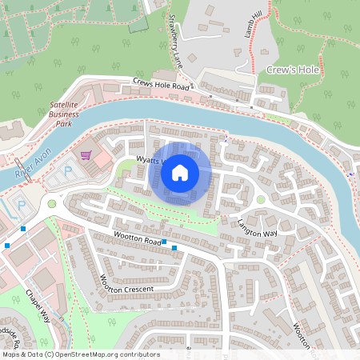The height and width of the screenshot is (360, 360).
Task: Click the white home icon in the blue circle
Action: [x=180, y=171]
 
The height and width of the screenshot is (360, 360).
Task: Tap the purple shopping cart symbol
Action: [x=86, y=154]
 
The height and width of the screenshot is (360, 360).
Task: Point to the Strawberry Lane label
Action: [x=174, y=40]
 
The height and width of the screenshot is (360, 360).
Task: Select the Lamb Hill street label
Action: [x=254, y=25]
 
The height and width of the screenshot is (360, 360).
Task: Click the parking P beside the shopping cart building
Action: [x=67, y=170]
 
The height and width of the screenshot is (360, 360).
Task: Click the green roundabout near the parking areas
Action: [x=53, y=203]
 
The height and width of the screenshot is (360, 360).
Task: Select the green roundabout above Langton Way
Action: [x=261, y=199]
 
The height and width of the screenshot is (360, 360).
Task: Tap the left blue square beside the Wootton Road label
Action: [x=164, y=242]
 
